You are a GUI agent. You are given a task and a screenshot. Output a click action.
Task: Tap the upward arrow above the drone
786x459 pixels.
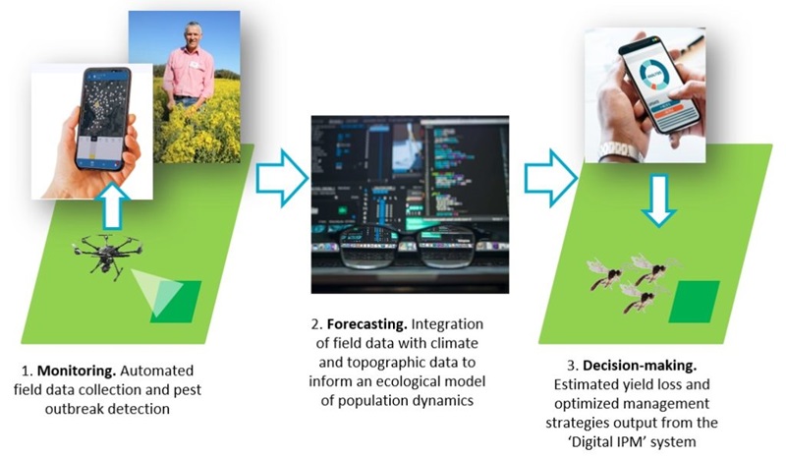coord(114,206)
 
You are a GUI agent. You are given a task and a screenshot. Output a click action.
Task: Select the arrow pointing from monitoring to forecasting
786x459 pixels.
coord(282,178)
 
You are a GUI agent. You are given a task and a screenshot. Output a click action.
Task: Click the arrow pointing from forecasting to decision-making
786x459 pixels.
coord(551,178)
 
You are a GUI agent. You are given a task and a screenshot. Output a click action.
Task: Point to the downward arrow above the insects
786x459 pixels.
coord(658,201)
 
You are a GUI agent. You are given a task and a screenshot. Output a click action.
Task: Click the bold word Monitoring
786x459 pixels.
coord(77,371)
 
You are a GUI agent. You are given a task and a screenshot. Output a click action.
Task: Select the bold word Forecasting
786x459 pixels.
coord(366,324)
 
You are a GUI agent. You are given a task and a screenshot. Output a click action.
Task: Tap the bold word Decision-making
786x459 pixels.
coord(640,366)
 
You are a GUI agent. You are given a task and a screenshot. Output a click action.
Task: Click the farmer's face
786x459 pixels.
coord(193,34)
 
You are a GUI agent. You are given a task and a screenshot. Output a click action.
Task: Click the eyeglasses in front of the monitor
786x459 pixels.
coord(411,247)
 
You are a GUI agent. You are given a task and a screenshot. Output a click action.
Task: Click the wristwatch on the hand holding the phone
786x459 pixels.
coord(621,150)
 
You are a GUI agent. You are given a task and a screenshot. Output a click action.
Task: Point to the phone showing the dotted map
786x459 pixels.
coord(103,119)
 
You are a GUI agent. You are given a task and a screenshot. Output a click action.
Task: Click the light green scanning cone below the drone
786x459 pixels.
coord(156,291)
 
